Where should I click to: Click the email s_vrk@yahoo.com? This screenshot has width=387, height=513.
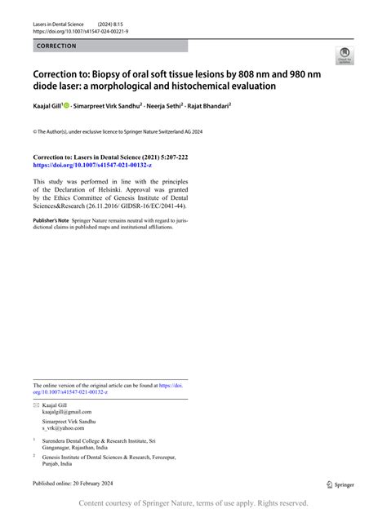(64, 427)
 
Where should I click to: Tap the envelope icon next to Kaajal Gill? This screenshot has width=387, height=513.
(35, 405)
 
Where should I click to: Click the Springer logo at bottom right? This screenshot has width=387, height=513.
(340, 484)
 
